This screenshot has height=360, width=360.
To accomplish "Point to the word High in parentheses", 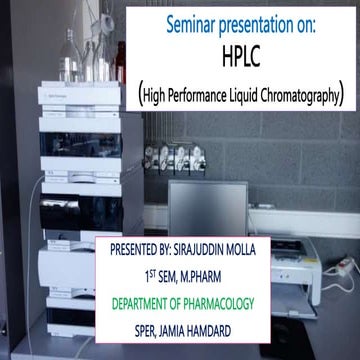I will click(x=163, y=96).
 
